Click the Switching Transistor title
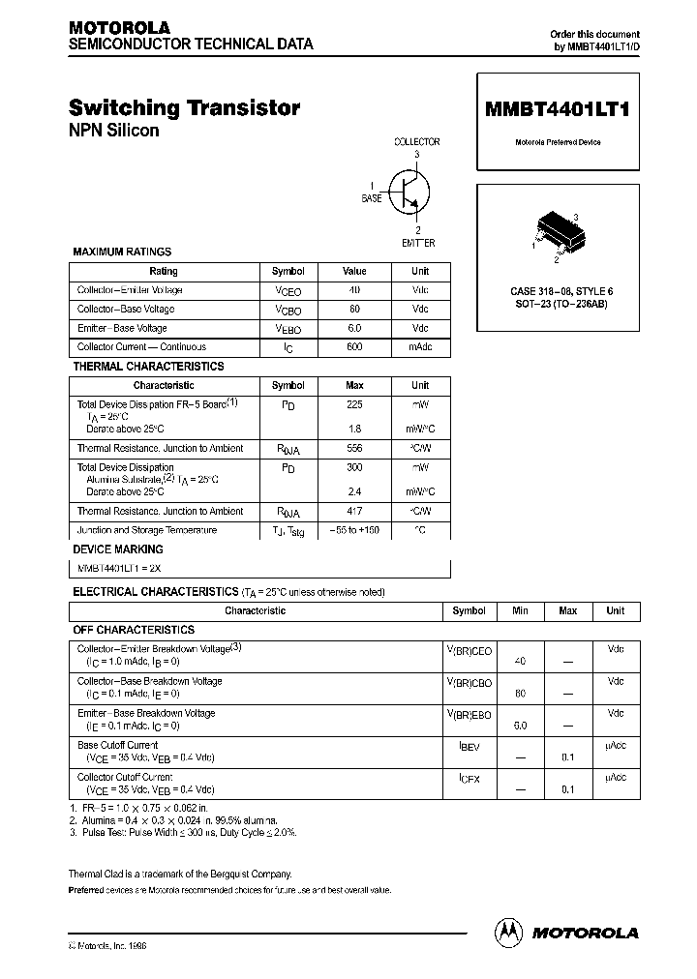[x=184, y=108]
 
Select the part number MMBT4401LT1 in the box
[x=557, y=109]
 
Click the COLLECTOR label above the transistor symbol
[x=416, y=141]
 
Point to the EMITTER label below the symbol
[x=418, y=243]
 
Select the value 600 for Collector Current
[x=354, y=346]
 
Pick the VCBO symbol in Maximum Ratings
[x=288, y=310]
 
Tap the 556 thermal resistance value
[x=354, y=449]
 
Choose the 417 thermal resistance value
[x=354, y=511]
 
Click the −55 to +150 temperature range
[x=354, y=530]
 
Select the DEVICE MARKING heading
[x=118, y=549]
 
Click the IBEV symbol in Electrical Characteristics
[x=470, y=746]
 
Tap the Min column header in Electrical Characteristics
[x=520, y=610]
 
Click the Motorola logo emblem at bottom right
[x=508, y=932]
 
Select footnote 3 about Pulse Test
[x=183, y=832]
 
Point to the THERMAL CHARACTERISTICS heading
[x=148, y=367]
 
